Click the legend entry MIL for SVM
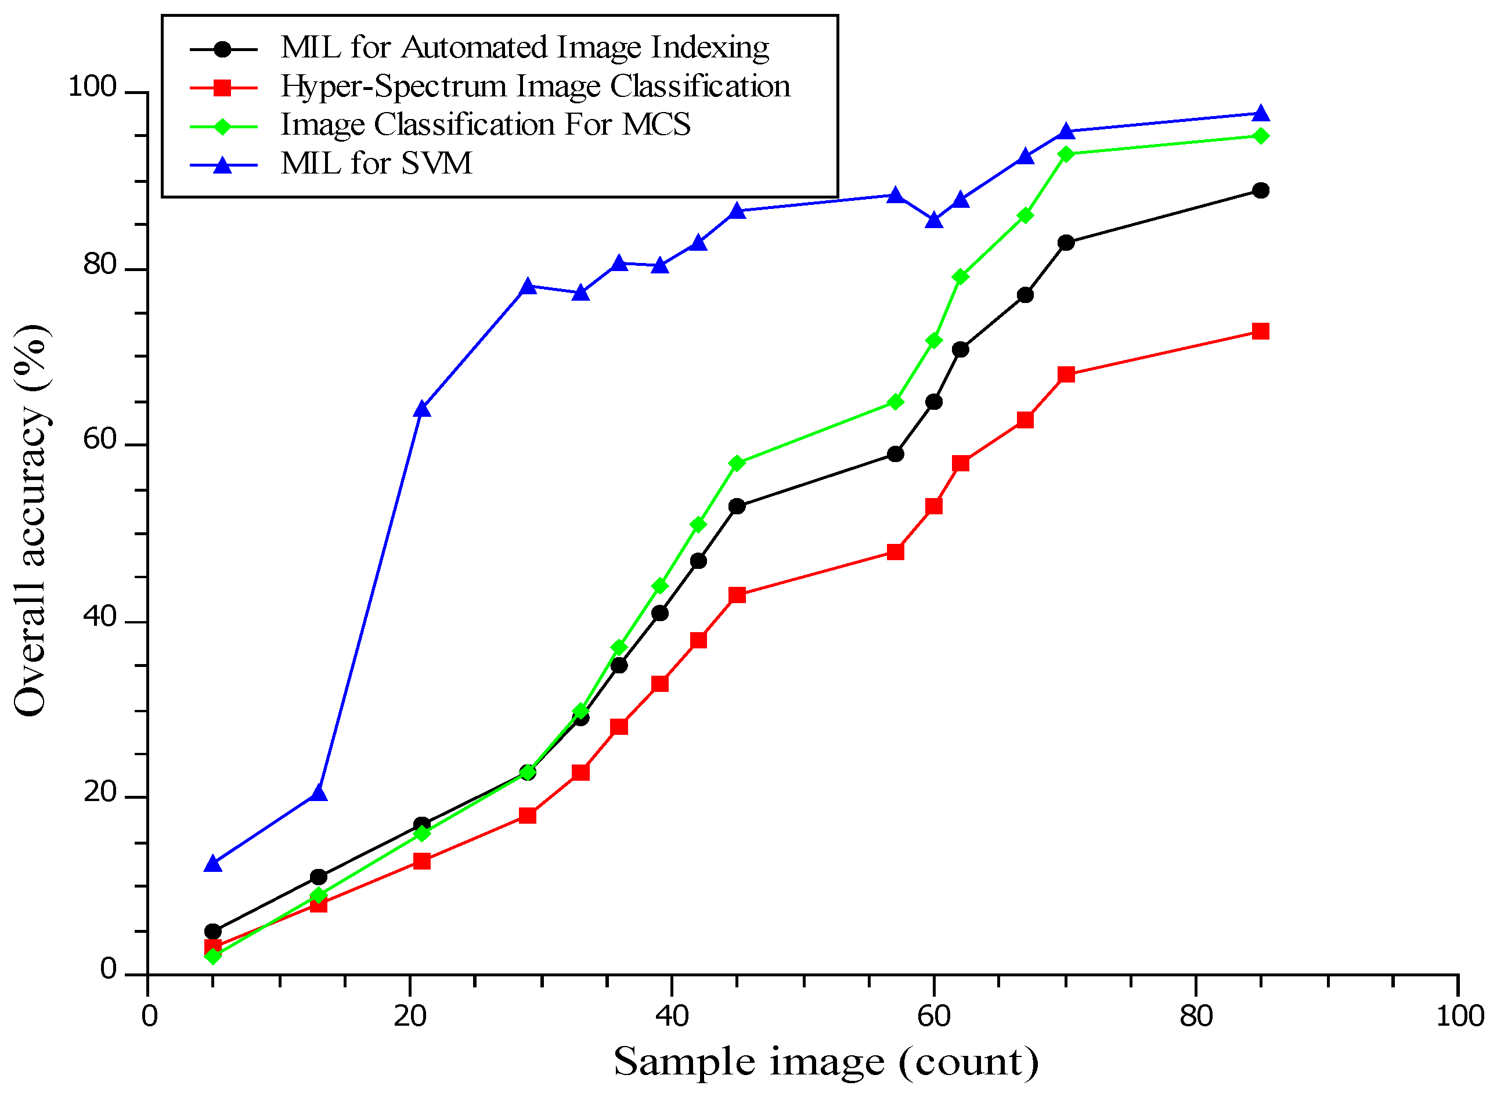[x=376, y=164]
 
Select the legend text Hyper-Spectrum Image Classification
[x=535, y=86]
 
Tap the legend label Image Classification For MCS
[x=485, y=125]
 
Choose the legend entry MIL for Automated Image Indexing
[x=525, y=48]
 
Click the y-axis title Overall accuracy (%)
[x=30, y=521]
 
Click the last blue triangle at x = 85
[x=1260, y=114]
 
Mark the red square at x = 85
[x=1260, y=331]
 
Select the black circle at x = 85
[x=1260, y=191]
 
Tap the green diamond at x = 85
[x=1260, y=136]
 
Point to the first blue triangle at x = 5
[x=212, y=864]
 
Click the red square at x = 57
[x=896, y=552]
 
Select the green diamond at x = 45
[x=737, y=463]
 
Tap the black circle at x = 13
[x=318, y=877]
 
